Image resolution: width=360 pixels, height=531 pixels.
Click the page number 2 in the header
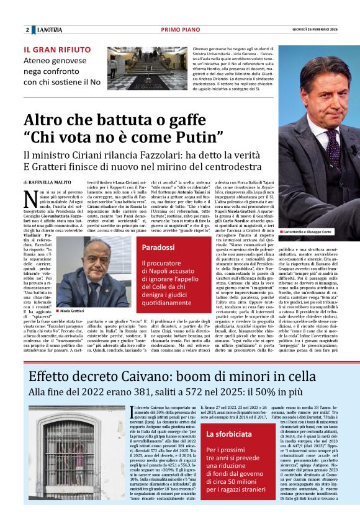[x=27, y=30]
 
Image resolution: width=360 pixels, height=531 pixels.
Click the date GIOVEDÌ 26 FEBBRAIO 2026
[x=322, y=30]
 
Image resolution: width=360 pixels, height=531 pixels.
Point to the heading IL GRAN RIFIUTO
[x=56, y=49]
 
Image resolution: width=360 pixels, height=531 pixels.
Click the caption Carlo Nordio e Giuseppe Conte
[x=308, y=231]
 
